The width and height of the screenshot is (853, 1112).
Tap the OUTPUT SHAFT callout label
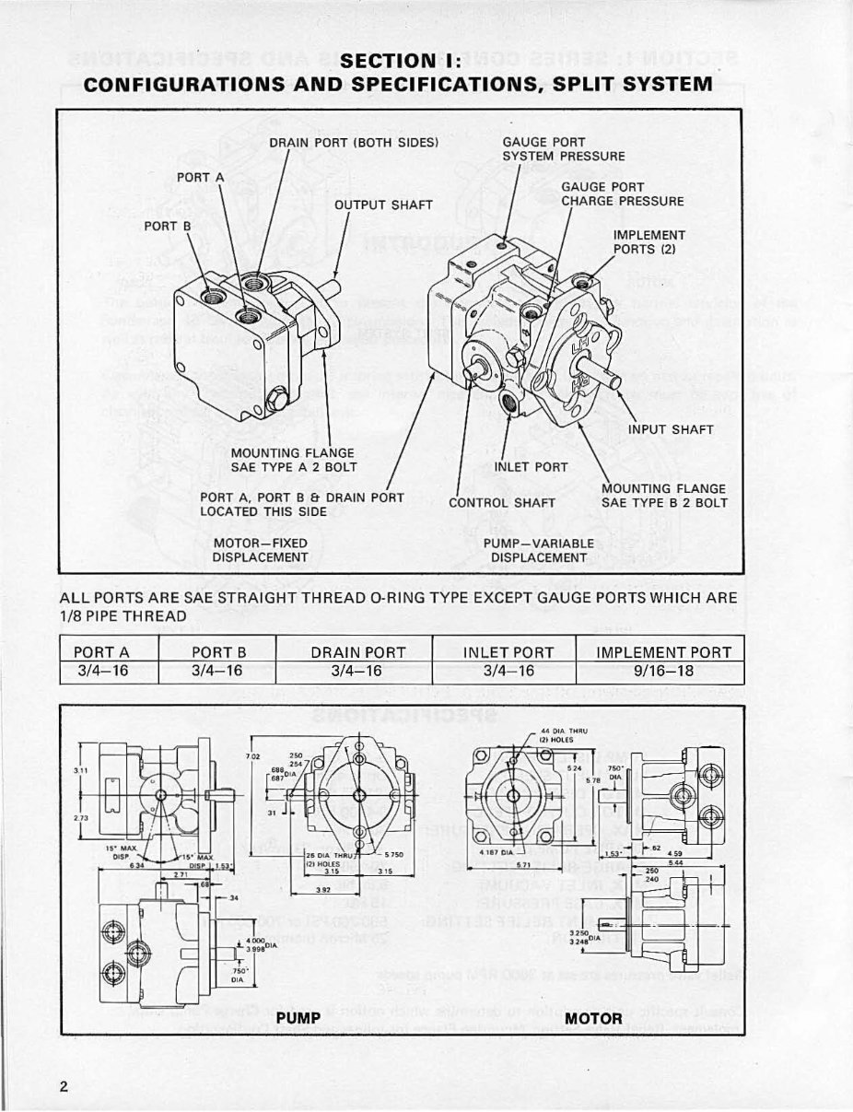coord(383,204)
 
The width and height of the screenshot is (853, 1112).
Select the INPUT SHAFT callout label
coord(672,428)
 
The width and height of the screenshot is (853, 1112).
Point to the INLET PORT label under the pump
coord(532,466)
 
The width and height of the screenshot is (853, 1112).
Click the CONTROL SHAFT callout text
coord(501,503)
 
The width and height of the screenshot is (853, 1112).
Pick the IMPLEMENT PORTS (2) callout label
coord(649,241)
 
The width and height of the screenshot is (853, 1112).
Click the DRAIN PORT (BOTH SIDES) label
coord(353,142)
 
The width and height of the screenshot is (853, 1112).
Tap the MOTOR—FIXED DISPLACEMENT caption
coord(260,550)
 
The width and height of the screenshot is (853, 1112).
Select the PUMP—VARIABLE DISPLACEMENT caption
coord(539,550)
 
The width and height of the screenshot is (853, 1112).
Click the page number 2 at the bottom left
coord(64,1084)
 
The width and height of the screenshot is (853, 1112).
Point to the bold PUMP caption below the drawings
coord(298,1017)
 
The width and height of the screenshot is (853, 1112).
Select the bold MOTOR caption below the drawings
coord(592,1017)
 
